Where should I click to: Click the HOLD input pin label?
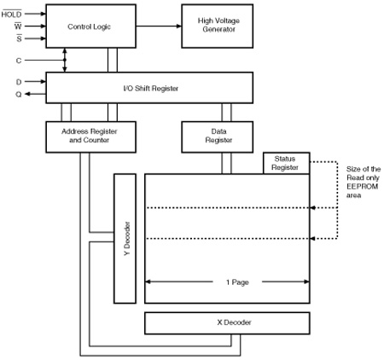(11, 14)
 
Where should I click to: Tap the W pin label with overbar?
(18, 26)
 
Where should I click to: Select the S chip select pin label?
(19, 38)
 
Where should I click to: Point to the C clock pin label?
(19, 61)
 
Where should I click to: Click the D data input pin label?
(19, 82)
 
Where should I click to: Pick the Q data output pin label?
(19, 94)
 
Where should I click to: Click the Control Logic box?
(90, 26)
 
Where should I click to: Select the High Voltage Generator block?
(218, 26)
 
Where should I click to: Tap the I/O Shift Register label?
(151, 88)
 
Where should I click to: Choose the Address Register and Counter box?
(90, 137)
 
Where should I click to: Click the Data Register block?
(218, 137)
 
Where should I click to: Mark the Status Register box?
(287, 163)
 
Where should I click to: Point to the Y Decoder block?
(125, 239)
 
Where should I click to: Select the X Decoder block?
(227, 323)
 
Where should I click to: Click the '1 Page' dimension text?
(237, 282)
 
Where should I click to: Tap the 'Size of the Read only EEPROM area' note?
(364, 182)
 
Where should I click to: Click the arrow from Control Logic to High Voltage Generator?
(159, 26)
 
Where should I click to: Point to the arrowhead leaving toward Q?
(27, 94)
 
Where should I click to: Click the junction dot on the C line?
(65, 60)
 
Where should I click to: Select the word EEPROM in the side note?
(362, 187)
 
